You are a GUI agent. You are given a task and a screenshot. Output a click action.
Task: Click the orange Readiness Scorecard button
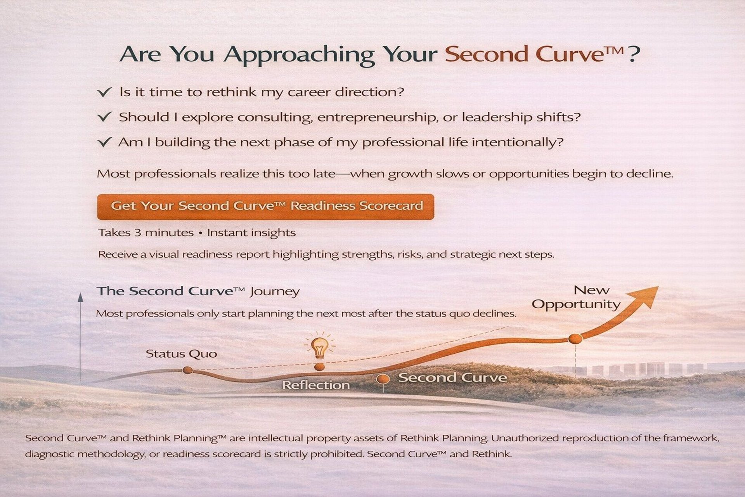tap(265, 207)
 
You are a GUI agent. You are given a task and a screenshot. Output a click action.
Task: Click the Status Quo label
tap(181, 354)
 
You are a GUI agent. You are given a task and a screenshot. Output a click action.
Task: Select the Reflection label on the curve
tap(316, 385)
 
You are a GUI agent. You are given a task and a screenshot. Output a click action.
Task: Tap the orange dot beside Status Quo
tap(187, 370)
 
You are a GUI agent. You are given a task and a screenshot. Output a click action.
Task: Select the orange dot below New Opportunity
tap(575, 339)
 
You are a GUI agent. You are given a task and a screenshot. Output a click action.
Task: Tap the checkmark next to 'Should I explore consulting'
tap(104, 117)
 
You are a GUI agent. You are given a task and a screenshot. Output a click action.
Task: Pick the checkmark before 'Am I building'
tap(104, 142)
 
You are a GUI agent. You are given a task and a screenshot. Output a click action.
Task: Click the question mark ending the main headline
tap(633, 54)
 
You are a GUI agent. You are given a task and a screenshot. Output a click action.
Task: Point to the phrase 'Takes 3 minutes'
tap(146, 233)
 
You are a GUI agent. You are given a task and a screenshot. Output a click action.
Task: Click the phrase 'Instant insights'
tap(251, 233)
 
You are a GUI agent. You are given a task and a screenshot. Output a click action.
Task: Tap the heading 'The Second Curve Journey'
tap(198, 292)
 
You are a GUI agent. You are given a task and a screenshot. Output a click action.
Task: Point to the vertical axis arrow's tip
tap(80, 293)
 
